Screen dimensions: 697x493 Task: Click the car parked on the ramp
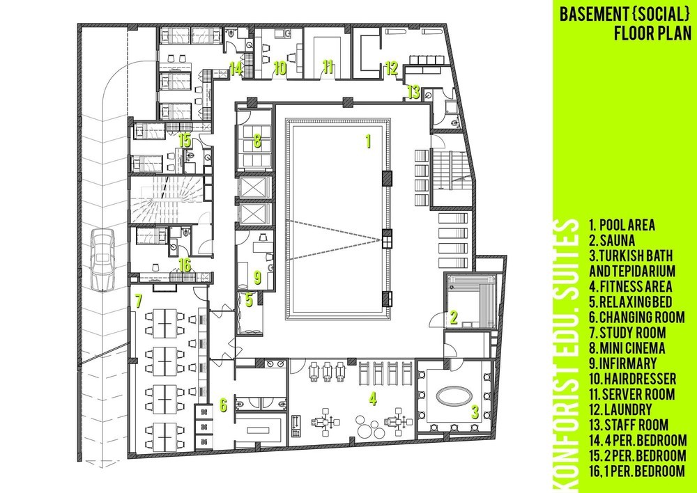pos(102,260)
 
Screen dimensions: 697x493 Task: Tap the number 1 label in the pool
pos(367,141)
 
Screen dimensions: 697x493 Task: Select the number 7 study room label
pos(139,301)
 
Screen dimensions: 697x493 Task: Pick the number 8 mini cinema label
pos(257,141)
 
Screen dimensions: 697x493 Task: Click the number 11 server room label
pos(328,67)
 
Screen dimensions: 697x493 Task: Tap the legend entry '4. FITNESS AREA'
pos(630,286)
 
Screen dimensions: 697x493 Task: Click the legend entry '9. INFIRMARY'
pos(622,363)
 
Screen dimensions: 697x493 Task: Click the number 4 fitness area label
pos(372,398)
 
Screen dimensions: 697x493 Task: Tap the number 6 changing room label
pos(223,405)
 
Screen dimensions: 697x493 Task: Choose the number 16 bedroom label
pos(185,265)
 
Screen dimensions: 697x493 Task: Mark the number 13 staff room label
pos(413,93)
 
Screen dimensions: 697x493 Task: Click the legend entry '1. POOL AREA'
pos(622,225)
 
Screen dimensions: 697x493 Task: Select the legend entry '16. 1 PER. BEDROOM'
pos(638,470)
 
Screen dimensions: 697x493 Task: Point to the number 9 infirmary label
pos(257,277)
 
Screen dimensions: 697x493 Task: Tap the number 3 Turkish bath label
pos(475,413)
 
